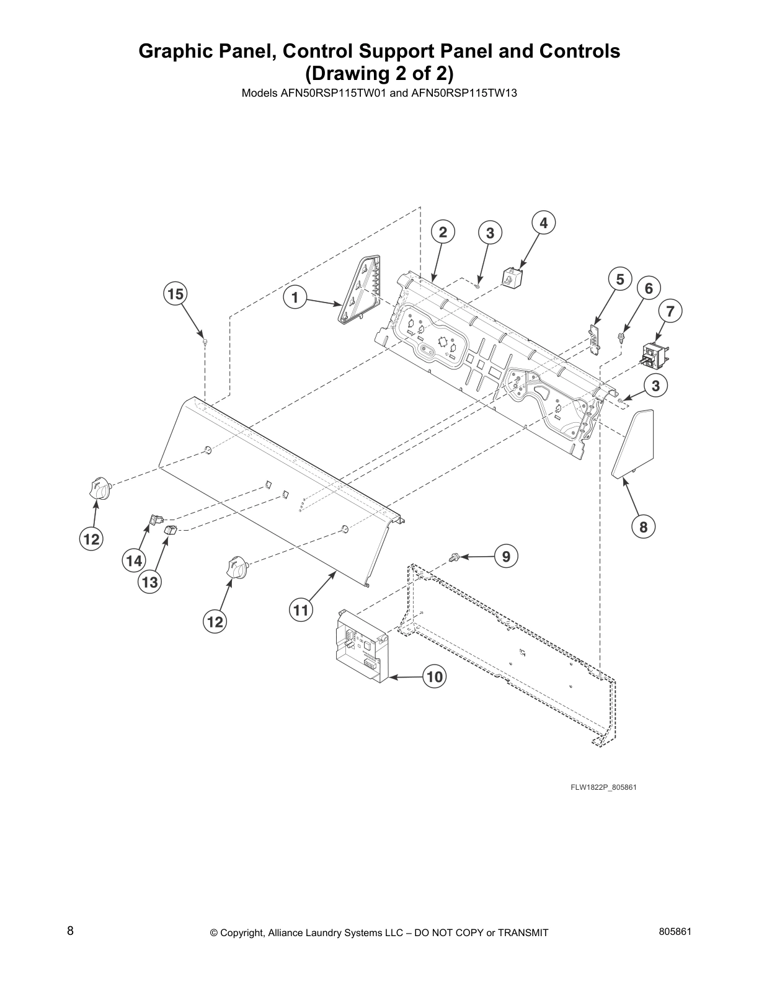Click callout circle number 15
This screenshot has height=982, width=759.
pos(175,293)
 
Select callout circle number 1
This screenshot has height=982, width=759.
pos(295,298)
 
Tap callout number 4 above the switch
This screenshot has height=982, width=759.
pos(543,223)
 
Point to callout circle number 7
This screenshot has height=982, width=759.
pos(670,311)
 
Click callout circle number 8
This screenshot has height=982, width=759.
pos(643,527)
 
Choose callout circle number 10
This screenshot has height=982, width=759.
pos(435,677)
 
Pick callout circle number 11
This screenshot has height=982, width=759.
pos(300,611)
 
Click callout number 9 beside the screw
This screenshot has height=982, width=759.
pos(506,557)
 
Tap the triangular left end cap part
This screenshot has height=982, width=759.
pos(360,291)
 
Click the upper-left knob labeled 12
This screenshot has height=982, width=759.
pos(99,489)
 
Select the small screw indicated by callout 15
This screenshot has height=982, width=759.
pos(205,341)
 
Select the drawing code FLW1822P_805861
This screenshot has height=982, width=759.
pos(603,787)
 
